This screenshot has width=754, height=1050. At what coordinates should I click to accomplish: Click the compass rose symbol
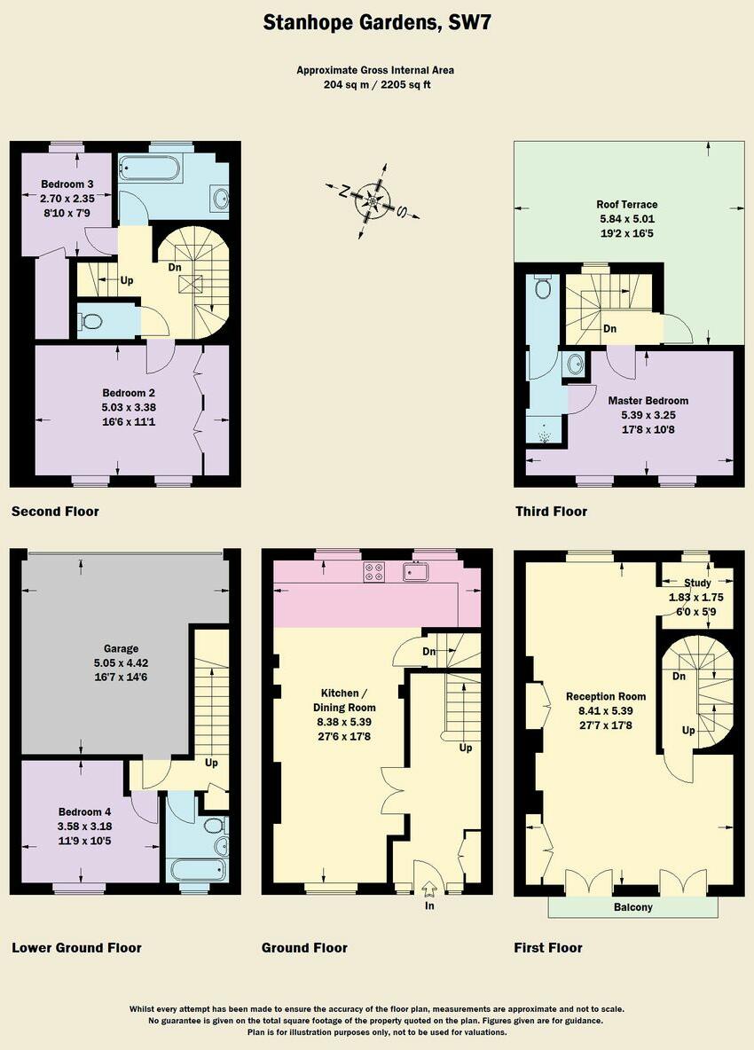(373, 201)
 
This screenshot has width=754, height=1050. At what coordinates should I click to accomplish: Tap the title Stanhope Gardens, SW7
(376, 23)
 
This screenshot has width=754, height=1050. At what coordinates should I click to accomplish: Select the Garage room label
(116, 648)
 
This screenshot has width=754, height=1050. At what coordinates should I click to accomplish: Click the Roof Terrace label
(626, 204)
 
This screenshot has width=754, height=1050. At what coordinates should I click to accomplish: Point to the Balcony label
(633, 907)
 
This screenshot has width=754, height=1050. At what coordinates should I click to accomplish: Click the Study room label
(698, 583)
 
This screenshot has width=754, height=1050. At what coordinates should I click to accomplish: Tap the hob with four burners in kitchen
(373, 573)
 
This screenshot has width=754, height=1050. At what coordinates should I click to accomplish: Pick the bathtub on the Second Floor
(150, 168)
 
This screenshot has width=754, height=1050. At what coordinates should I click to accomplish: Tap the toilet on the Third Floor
(544, 288)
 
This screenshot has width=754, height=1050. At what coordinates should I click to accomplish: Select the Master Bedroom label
(648, 401)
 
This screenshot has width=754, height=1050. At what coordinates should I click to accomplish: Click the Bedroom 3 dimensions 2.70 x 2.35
(67, 199)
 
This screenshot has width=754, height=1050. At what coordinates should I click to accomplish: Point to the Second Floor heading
(55, 512)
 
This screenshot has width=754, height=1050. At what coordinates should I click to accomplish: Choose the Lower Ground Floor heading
(76, 948)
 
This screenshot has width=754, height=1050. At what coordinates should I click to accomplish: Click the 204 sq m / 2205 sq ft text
(376, 84)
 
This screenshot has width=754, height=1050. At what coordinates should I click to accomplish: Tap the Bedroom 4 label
(85, 811)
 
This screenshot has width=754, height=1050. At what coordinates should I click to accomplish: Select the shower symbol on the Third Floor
(544, 437)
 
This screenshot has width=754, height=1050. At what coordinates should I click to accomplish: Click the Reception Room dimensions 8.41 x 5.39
(606, 711)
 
